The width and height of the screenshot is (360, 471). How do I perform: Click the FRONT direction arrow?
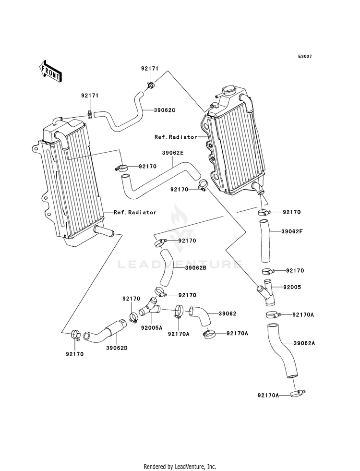click(50, 71)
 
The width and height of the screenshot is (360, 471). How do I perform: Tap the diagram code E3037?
click(305, 56)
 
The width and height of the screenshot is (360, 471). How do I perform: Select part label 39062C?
click(165, 110)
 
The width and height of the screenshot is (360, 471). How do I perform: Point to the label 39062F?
click(292, 231)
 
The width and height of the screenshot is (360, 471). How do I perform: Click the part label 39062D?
click(117, 348)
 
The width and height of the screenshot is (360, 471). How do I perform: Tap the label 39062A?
click(304, 343)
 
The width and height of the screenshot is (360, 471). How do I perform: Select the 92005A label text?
click(152, 328)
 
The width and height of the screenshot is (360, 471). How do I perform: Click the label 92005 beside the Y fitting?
click(292, 287)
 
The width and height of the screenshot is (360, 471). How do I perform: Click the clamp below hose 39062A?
click(298, 394)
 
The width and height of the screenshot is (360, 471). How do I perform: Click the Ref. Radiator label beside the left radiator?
click(135, 212)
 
